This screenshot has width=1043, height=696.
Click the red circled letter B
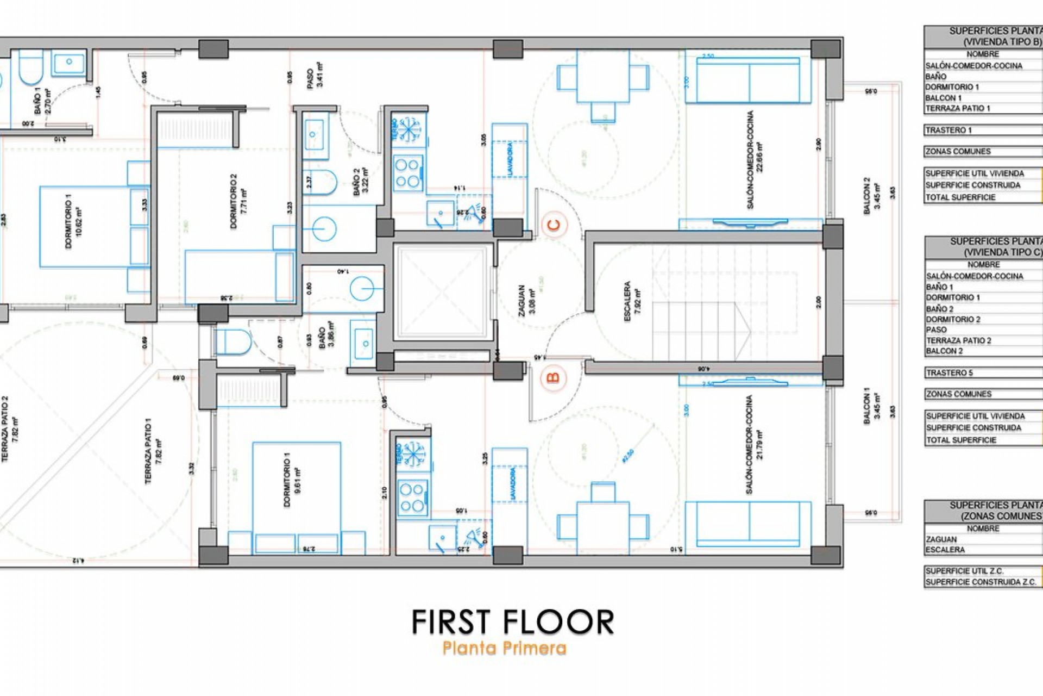pos(554,377)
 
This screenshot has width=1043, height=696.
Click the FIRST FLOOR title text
pos(513,622)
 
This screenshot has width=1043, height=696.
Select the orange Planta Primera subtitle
pos(504,648)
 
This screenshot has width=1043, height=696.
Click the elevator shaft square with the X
pos(441,292)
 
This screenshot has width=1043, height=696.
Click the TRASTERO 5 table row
pos(982,373)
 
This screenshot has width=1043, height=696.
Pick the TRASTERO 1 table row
pos(982,130)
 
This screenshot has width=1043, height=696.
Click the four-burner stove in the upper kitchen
pos(408,172)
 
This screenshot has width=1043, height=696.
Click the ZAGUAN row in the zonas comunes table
pos(982,539)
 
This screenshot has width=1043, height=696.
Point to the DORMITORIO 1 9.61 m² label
pos(292,482)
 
